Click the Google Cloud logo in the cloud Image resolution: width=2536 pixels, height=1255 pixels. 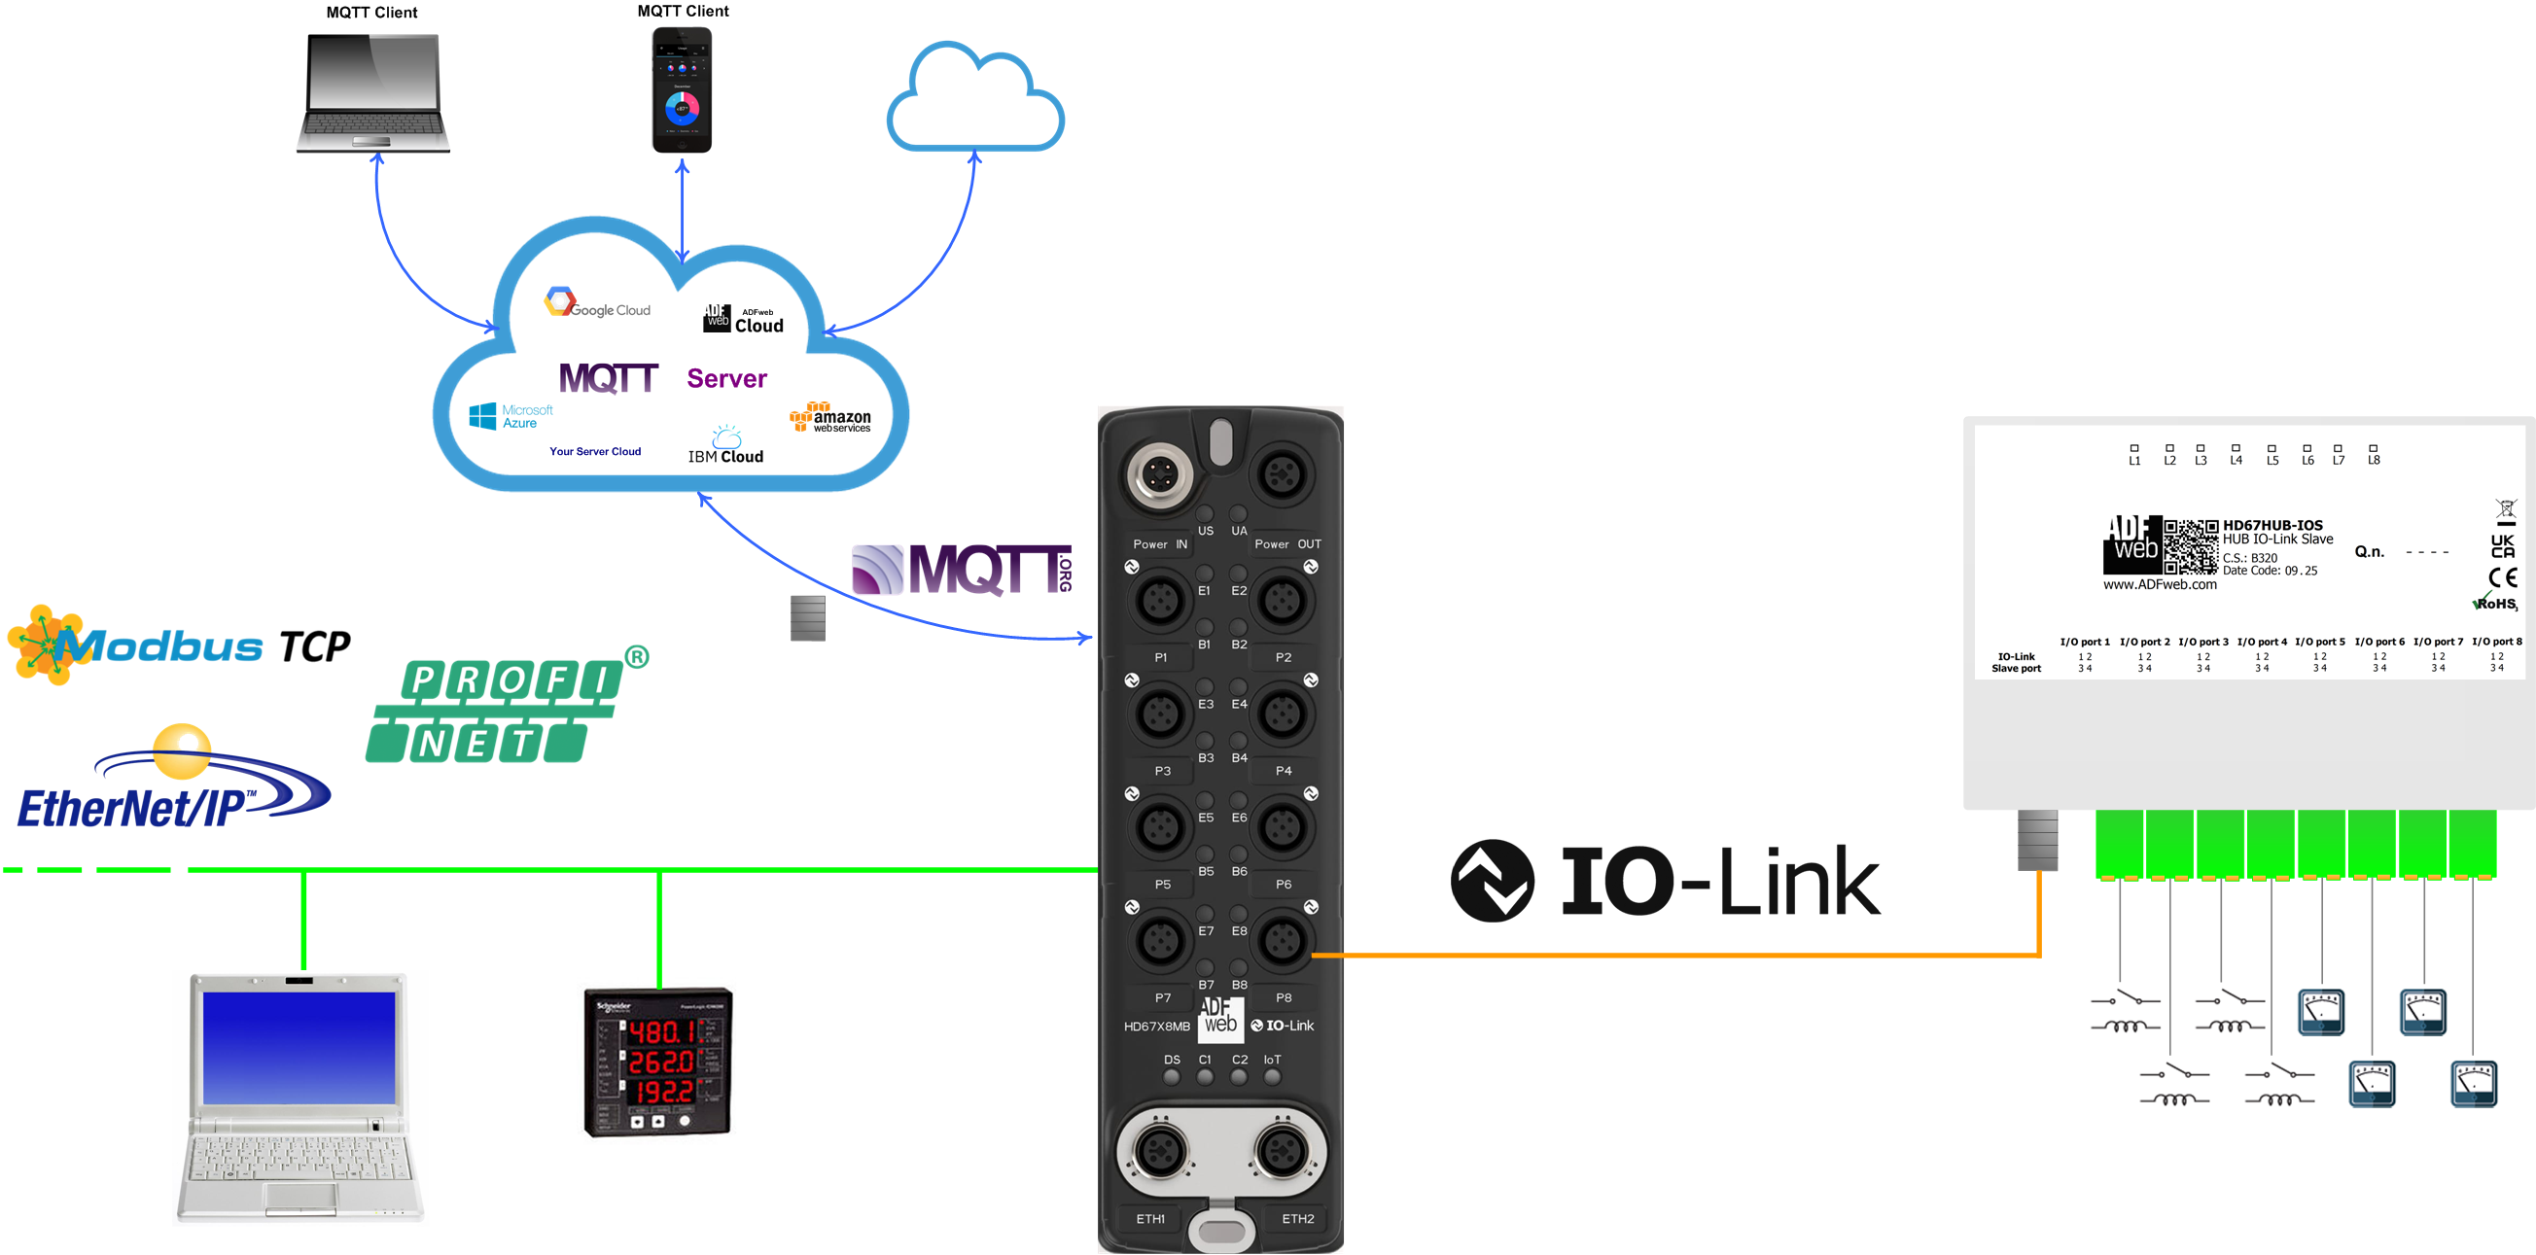597,303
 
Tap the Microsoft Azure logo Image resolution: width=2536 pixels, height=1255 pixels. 510,416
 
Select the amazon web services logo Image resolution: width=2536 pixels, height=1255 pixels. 829,417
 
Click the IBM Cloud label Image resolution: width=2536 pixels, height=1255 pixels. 725,456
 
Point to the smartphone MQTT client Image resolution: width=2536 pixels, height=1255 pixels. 683,89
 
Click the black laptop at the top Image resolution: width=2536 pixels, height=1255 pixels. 373,93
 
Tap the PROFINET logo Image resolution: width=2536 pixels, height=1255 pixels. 502,709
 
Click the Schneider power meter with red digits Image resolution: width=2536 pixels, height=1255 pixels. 658,1063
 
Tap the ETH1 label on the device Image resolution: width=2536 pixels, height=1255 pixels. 1150,1219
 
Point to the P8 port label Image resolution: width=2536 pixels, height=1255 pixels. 1284,997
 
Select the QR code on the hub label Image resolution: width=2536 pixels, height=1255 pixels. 2191,546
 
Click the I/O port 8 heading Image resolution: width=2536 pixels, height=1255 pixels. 2497,642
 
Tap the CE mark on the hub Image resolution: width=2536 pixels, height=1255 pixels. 2502,577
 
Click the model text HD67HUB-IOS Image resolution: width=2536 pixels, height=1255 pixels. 2272,526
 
